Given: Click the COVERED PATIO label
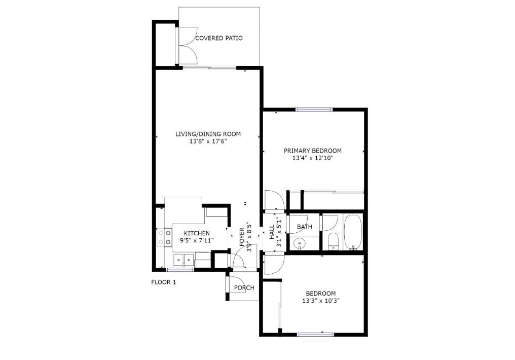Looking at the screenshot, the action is (x=219, y=38).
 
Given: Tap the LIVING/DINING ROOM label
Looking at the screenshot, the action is (x=208, y=134).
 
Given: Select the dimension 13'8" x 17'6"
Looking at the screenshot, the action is (x=208, y=141).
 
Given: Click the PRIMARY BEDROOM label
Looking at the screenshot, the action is (x=313, y=151).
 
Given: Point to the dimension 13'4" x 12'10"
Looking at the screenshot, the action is (x=313, y=158).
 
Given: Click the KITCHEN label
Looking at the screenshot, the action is (x=197, y=233).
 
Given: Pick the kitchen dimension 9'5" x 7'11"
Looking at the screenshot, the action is (x=197, y=240).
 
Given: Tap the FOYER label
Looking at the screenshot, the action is (x=242, y=237).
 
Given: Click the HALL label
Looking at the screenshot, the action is (x=272, y=232).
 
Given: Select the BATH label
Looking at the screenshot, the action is (x=305, y=227).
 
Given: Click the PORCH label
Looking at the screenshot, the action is (x=244, y=287).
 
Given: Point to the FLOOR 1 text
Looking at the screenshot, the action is (x=164, y=282).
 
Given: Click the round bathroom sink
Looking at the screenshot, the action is (x=299, y=244).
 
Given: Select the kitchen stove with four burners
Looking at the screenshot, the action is (x=164, y=237).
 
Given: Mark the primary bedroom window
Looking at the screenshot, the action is (x=314, y=110).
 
